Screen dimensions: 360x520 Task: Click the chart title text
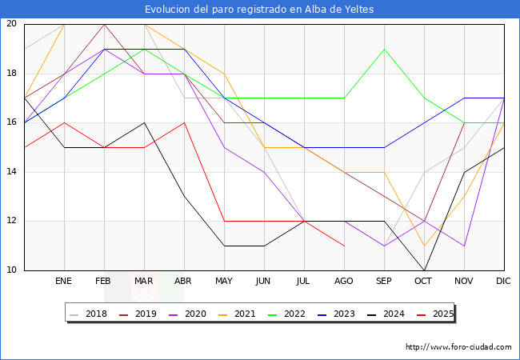[259, 9]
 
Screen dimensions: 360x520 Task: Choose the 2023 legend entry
[335, 314]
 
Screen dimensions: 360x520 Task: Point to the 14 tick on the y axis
[11, 172]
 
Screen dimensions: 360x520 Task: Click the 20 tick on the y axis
[11, 24]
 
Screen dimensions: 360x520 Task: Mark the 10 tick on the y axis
[11, 270]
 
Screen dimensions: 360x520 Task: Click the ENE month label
[64, 282]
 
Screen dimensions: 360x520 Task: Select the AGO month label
[344, 282]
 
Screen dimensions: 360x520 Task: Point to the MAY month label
[224, 282]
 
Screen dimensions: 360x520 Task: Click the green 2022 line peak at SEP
[384, 49]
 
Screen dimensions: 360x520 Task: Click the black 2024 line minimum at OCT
[424, 270]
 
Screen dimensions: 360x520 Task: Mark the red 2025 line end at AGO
[344, 246]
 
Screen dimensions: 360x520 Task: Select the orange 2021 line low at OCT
[424, 246]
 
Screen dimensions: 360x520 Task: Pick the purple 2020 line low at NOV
[464, 246]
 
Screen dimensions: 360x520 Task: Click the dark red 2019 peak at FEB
[104, 24]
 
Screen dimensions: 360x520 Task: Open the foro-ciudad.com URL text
[458, 347]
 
